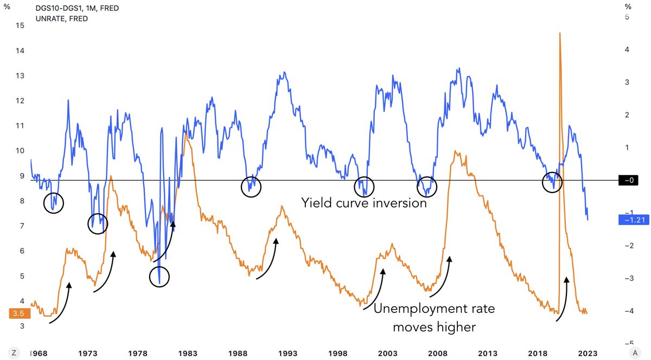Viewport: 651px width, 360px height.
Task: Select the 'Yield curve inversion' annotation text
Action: click(364, 204)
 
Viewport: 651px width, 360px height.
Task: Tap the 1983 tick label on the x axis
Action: click(187, 353)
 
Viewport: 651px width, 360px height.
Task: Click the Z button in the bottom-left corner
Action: click(15, 352)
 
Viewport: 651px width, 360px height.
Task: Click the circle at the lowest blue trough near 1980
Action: click(159, 276)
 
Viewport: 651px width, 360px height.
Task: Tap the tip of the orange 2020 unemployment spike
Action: click(559, 34)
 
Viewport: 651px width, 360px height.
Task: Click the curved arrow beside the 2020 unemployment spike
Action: click(563, 298)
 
